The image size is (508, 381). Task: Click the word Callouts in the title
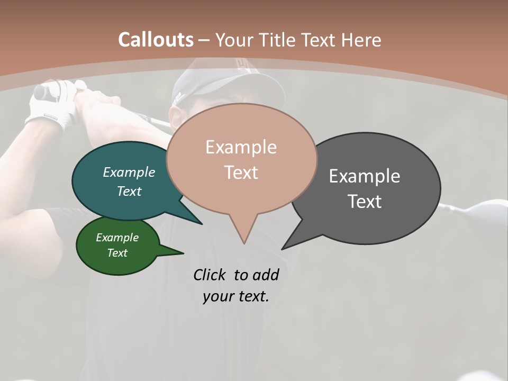(x=156, y=40)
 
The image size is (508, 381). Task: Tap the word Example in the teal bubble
(x=129, y=172)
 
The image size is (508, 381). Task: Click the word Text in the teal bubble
(x=129, y=191)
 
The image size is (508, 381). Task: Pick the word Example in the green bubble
(x=117, y=238)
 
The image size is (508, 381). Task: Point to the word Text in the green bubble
(x=117, y=253)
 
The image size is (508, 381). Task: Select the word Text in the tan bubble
(x=241, y=172)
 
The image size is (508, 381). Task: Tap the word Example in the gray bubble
(x=364, y=176)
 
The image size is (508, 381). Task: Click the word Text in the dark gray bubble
(x=364, y=201)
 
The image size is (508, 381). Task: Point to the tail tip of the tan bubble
(x=244, y=243)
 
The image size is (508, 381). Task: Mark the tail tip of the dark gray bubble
(x=283, y=248)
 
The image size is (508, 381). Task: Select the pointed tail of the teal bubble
(x=201, y=223)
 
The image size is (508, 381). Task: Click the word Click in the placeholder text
(x=210, y=275)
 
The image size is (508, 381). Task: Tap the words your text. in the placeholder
(x=235, y=296)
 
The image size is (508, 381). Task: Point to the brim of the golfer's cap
(x=212, y=95)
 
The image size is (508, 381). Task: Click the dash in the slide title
(x=204, y=40)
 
